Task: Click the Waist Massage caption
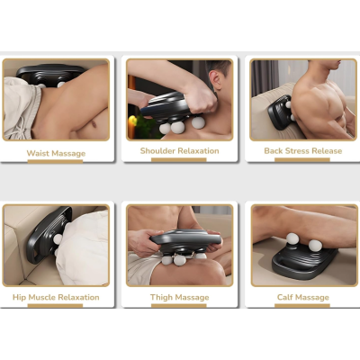pyautogui.click(x=56, y=153)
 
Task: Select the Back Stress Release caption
pyautogui.click(x=302, y=150)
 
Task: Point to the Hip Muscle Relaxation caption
pyautogui.click(x=56, y=296)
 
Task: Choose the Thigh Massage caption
pyautogui.click(x=179, y=296)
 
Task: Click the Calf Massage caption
pyautogui.click(x=303, y=296)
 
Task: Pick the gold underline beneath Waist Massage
pyautogui.click(x=56, y=161)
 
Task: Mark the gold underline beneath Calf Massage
pyautogui.click(x=303, y=304)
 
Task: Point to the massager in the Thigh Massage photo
pyautogui.click(x=184, y=244)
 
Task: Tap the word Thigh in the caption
pyautogui.click(x=161, y=296)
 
